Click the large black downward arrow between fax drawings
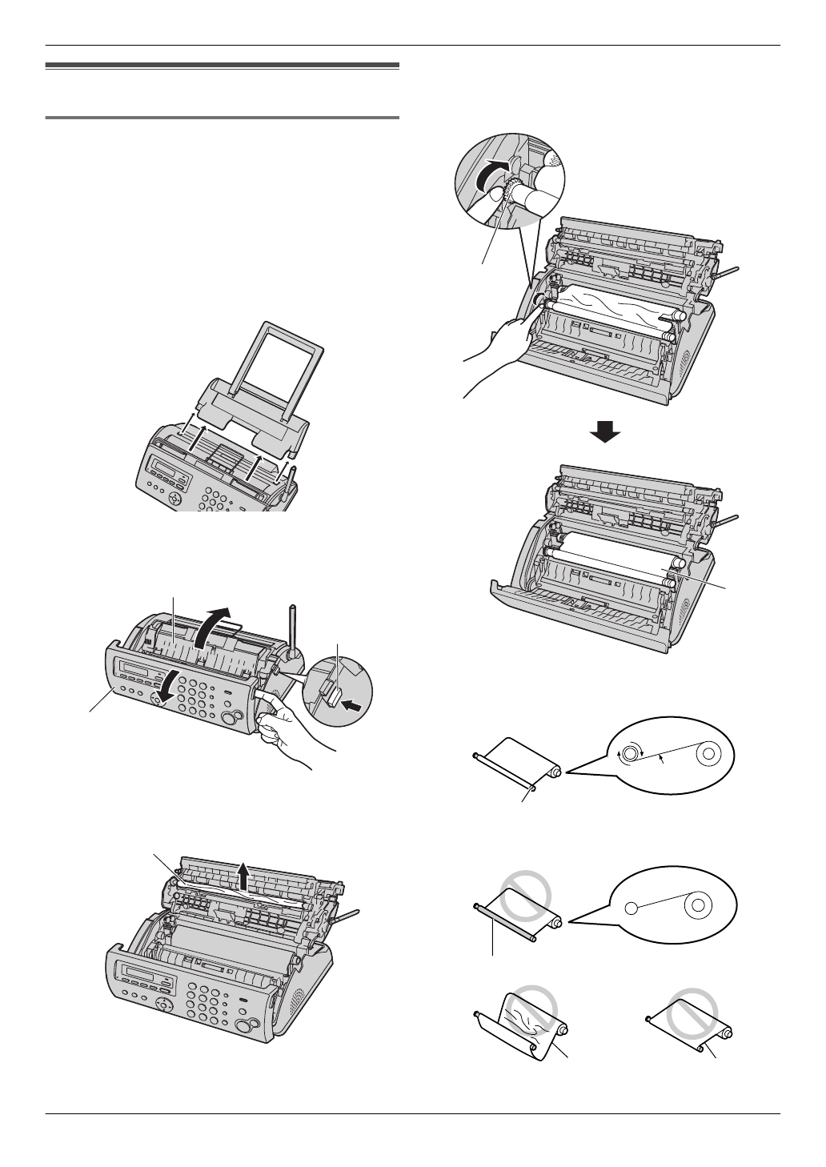(x=605, y=432)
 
